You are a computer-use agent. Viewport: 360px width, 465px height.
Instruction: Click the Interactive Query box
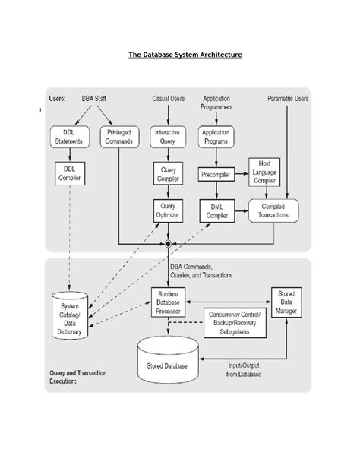[x=167, y=136]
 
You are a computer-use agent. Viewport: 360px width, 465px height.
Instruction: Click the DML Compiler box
[x=216, y=210]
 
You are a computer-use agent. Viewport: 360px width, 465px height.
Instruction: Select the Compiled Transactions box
[x=273, y=210]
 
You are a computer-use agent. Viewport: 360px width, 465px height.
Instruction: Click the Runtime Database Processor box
[x=168, y=302]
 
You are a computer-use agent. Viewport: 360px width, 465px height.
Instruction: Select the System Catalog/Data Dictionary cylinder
[x=70, y=314]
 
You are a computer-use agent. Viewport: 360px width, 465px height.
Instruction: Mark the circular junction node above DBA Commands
[x=168, y=244]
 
